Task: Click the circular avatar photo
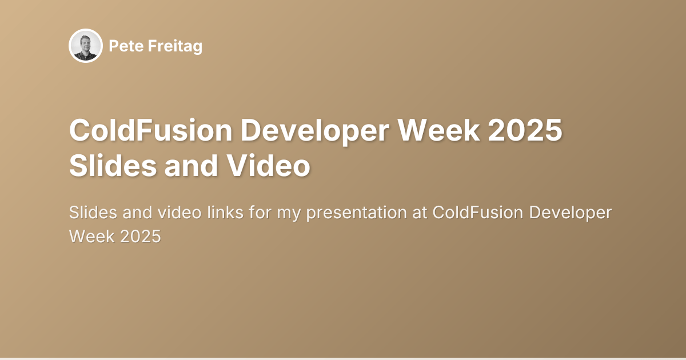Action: tap(86, 46)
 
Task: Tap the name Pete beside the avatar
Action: tap(122, 46)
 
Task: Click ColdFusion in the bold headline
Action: tap(150, 131)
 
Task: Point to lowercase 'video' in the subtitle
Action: tap(181, 213)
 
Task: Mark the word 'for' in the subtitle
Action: tap(261, 213)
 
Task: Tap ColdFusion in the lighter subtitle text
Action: tap(477, 213)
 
